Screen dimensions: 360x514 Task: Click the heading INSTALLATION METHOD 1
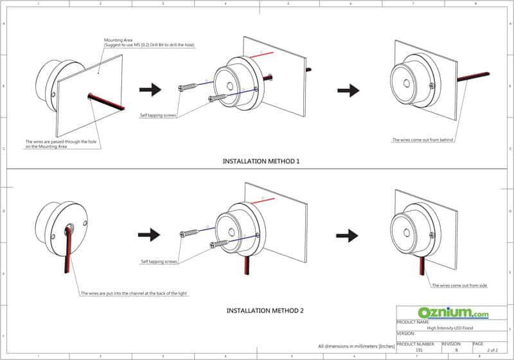tap(261, 161)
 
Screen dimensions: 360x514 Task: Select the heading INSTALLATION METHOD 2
tap(265, 310)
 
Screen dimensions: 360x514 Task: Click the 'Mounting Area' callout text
tap(148, 42)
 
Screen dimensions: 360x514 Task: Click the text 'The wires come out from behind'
tap(423, 139)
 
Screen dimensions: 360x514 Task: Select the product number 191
tap(420, 350)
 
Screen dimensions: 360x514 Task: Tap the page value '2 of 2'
tap(492, 350)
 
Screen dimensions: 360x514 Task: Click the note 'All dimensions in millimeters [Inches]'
tap(356, 346)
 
